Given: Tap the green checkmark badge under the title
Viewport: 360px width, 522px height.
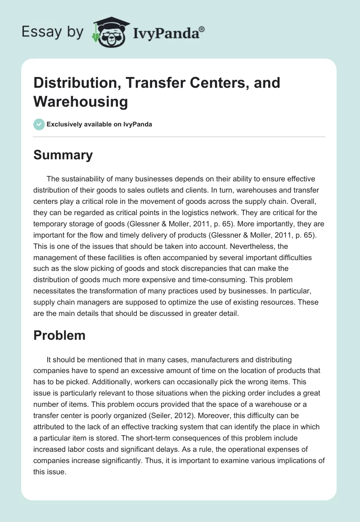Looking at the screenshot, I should point(39,124).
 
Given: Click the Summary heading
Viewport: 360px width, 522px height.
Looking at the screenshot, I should point(63,155).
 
